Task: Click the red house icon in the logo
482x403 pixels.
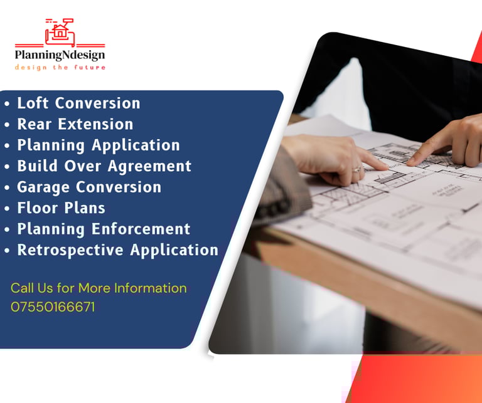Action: [x=60, y=31]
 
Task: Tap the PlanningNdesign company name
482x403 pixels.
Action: [x=60, y=55]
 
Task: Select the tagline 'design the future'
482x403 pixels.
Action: [x=60, y=67]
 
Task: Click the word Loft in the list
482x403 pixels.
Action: [x=33, y=103]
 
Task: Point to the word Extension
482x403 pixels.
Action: [x=95, y=124]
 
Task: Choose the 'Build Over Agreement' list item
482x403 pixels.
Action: [x=104, y=166]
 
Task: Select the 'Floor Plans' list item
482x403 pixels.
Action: [x=61, y=208]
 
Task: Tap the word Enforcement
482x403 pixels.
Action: [x=141, y=229]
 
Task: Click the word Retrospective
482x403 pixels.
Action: [x=70, y=250]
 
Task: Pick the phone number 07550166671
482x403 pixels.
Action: [x=53, y=307]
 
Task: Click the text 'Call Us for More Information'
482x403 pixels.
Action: [x=99, y=288]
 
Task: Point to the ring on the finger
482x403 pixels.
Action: [x=356, y=169]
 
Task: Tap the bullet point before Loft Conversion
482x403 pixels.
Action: [x=7, y=104]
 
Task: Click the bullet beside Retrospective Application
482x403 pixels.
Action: [x=7, y=251]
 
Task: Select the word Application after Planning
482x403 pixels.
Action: [x=136, y=145]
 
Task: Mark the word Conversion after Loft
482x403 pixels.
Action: [x=97, y=103]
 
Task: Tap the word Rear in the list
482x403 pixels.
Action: [x=34, y=124]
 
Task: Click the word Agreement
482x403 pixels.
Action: [x=149, y=166]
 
